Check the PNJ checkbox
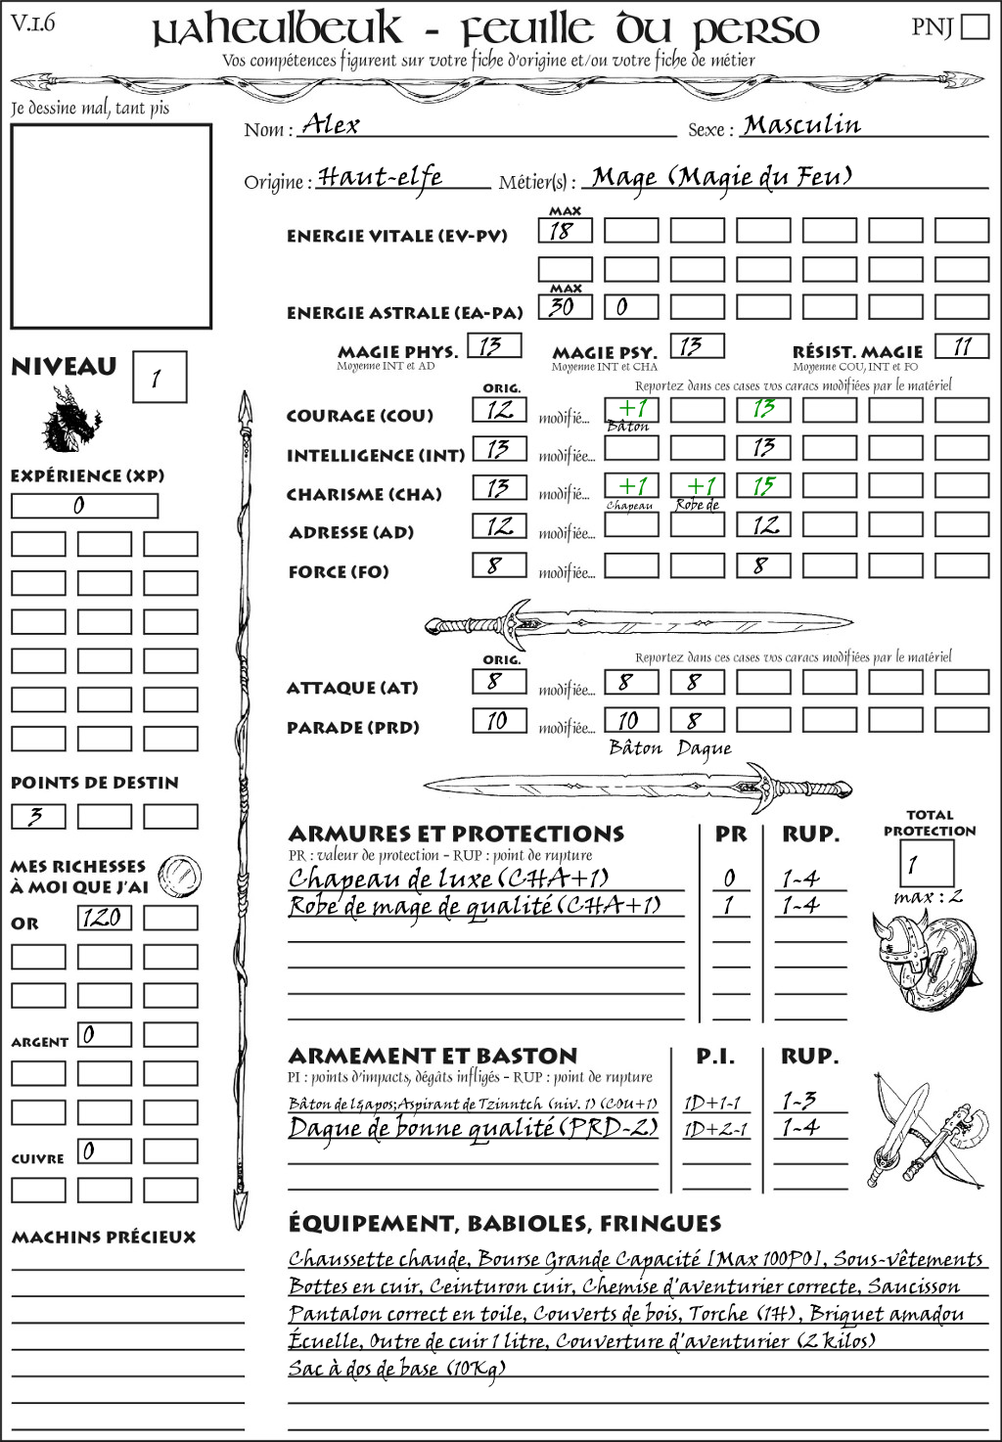[975, 25]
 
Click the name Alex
[331, 124]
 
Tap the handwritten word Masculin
[801, 124]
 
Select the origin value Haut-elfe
[380, 177]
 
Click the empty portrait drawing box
[111, 226]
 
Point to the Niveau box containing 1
[159, 378]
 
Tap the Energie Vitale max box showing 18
[565, 231]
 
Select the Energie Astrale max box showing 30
[565, 307]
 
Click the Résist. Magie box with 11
[962, 346]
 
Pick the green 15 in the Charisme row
[763, 486]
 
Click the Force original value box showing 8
[499, 565]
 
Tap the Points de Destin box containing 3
[38, 816]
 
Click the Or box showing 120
[104, 918]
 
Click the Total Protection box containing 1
[926, 864]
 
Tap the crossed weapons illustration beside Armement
[925, 1130]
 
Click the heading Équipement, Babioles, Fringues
[504, 1224]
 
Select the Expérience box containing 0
[84, 506]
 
